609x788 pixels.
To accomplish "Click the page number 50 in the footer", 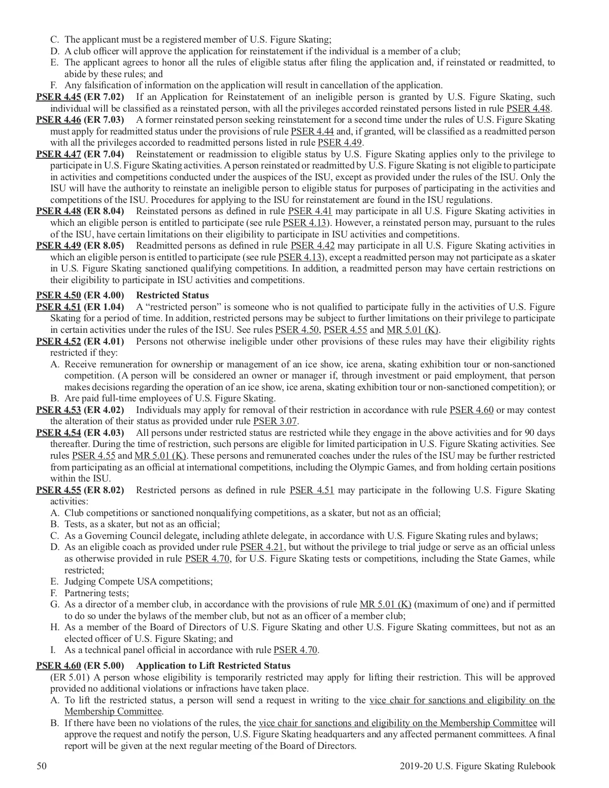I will coord(42,767).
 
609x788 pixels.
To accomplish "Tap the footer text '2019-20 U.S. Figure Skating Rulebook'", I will coord(477,767).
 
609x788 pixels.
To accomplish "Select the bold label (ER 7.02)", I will coord(104,97).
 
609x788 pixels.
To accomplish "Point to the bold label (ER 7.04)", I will coord(104,154).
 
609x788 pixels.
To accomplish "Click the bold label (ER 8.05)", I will coord(104,246).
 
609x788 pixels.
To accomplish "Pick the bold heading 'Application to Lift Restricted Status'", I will coord(214,666).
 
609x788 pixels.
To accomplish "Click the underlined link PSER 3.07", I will coord(275,421).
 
